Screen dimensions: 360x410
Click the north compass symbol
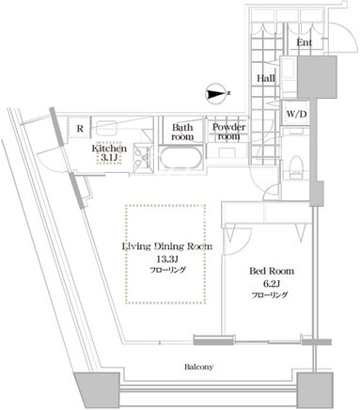[x=217, y=93]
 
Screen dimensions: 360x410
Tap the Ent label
[x=304, y=42]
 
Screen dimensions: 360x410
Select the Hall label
[x=266, y=78]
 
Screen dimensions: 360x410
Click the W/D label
[x=296, y=114]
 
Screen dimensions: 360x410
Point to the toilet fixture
[x=296, y=167]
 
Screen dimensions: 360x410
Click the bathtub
[x=181, y=159]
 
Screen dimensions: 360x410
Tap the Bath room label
[x=182, y=133]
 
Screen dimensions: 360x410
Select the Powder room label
[x=228, y=132]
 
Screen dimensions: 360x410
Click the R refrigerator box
[x=80, y=128]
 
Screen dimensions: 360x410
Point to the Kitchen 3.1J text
[x=109, y=153]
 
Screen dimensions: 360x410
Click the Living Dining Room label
[x=166, y=246]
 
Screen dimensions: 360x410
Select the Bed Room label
[x=272, y=271]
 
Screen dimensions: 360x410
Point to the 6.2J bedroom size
[x=272, y=284]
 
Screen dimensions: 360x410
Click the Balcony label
[x=198, y=367]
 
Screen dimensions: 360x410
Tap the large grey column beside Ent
[x=317, y=77]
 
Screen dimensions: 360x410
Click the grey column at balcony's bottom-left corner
[x=97, y=388]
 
